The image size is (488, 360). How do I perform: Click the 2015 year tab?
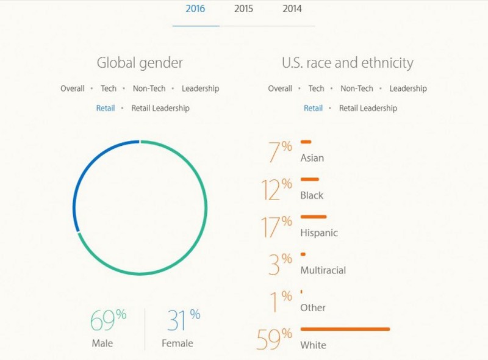point(244,9)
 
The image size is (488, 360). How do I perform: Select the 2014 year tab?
point(292,9)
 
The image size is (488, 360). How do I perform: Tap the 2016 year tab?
point(195,9)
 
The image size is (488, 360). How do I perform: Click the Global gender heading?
point(140,63)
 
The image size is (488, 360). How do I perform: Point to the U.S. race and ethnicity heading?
point(347,63)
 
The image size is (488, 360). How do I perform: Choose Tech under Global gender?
point(109,88)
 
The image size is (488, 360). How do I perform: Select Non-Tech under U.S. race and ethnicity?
point(357,88)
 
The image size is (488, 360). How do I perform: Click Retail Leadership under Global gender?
point(160,108)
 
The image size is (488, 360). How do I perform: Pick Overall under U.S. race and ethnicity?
point(280,88)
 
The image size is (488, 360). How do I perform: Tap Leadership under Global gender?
point(200,88)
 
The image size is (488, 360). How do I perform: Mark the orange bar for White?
point(345,329)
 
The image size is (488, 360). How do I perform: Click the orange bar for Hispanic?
point(314,217)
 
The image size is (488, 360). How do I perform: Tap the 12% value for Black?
point(277,190)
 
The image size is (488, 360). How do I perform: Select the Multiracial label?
point(323,270)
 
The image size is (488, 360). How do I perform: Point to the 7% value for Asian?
point(280,153)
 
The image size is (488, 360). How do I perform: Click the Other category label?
point(313,308)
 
